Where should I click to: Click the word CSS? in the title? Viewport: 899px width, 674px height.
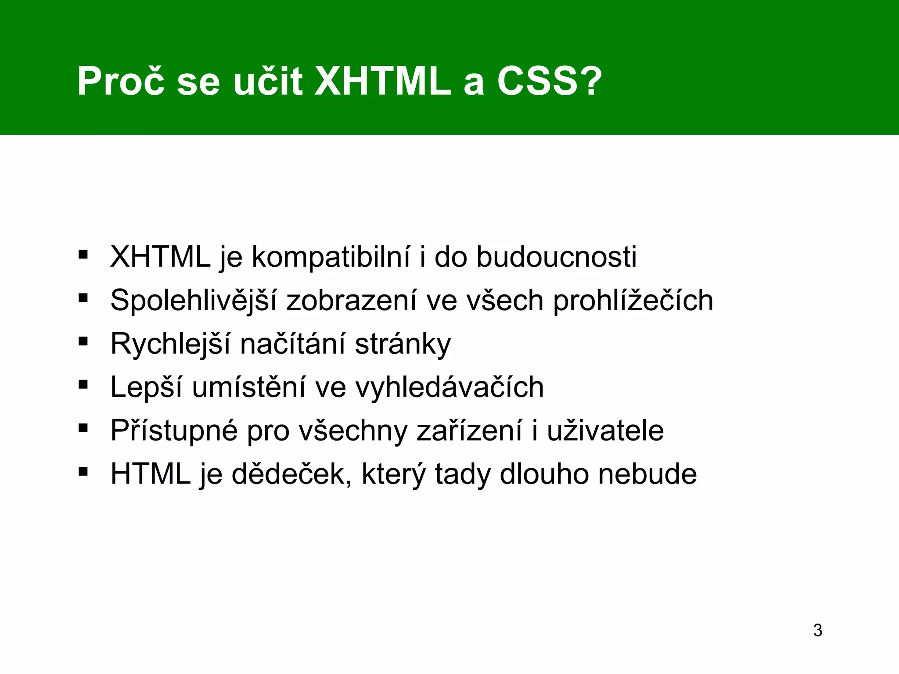coord(550,82)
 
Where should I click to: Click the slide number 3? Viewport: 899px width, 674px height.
coord(817,631)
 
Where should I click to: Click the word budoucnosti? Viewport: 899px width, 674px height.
coord(556,257)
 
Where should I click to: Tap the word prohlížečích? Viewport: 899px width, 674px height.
coord(633,301)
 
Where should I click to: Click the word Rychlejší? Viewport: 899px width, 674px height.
coord(170,344)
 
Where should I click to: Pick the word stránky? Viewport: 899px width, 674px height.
coord(403,344)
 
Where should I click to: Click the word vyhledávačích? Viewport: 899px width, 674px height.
coord(449,387)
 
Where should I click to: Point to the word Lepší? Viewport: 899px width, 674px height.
coord(146,387)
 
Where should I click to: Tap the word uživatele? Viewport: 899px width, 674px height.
coord(605,431)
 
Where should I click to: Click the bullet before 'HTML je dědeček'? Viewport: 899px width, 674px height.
coord(83,472)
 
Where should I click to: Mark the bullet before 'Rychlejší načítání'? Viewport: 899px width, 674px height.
coord(83,341)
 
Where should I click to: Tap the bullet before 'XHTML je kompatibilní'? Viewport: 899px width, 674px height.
coord(83,255)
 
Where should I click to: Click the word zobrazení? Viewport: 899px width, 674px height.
coord(351,301)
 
